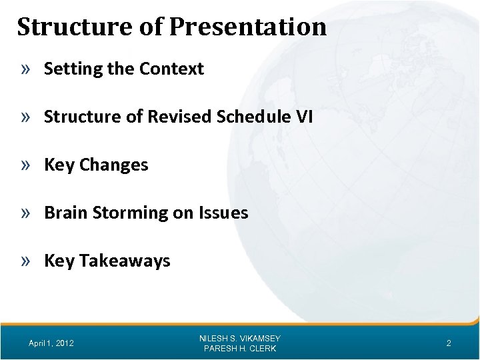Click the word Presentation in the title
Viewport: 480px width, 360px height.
tap(248, 27)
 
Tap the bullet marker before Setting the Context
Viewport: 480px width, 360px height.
tap(28, 69)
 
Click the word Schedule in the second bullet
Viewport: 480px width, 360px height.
tap(245, 117)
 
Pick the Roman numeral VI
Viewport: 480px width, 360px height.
tap(303, 117)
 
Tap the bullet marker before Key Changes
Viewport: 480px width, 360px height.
tap(28, 165)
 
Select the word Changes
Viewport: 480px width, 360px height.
tap(114, 165)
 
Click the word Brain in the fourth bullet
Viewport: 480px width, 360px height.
tap(64, 213)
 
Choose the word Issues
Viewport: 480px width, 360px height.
tap(223, 213)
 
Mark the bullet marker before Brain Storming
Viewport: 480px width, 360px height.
tap(28, 213)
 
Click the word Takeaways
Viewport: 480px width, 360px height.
tap(125, 261)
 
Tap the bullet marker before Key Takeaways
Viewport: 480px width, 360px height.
tap(28, 261)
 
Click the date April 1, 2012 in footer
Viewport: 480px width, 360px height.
tap(51, 343)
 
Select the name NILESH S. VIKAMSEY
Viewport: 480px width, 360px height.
tap(240, 338)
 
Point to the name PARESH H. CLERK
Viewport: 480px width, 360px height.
tap(240, 349)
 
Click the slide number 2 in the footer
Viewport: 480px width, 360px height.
tap(449, 343)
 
